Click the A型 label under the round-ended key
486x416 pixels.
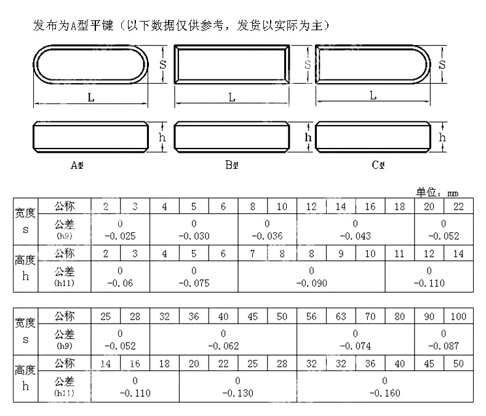pyautogui.click(x=78, y=165)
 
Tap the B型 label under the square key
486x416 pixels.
pyautogui.click(x=231, y=165)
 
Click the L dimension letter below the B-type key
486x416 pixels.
pyautogui.click(x=231, y=97)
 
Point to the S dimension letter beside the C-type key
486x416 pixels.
pyautogui.click(x=442, y=64)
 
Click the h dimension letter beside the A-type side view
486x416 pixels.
pyautogui.click(x=162, y=137)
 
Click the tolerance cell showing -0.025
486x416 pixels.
pyautogui.click(x=120, y=229)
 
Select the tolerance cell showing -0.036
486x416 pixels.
pyautogui.click(x=267, y=229)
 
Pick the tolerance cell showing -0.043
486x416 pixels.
pyautogui.click(x=356, y=229)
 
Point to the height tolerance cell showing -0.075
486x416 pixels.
pyautogui.click(x=194, y=277)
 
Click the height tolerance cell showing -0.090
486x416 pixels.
pyautogui.click(x=311, y=277)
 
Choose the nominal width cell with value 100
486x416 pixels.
pyautogui.click(x=458, y=317)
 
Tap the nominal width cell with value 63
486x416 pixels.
pyautogui.click(x=341, y=317)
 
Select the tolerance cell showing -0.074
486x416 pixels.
pyautogui.click(x=356, y=340)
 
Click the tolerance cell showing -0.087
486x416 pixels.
pyautogui.click(x=444, y=340)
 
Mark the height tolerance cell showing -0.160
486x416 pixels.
pyautogui.click(x=385, y=387)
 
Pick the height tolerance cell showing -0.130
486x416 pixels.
pyautogui.click(x=238, y=387)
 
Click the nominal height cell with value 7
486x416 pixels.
pyautogui.click(x=252, y=254)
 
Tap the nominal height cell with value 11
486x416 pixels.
pyautogui.click(x=399, y=254)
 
